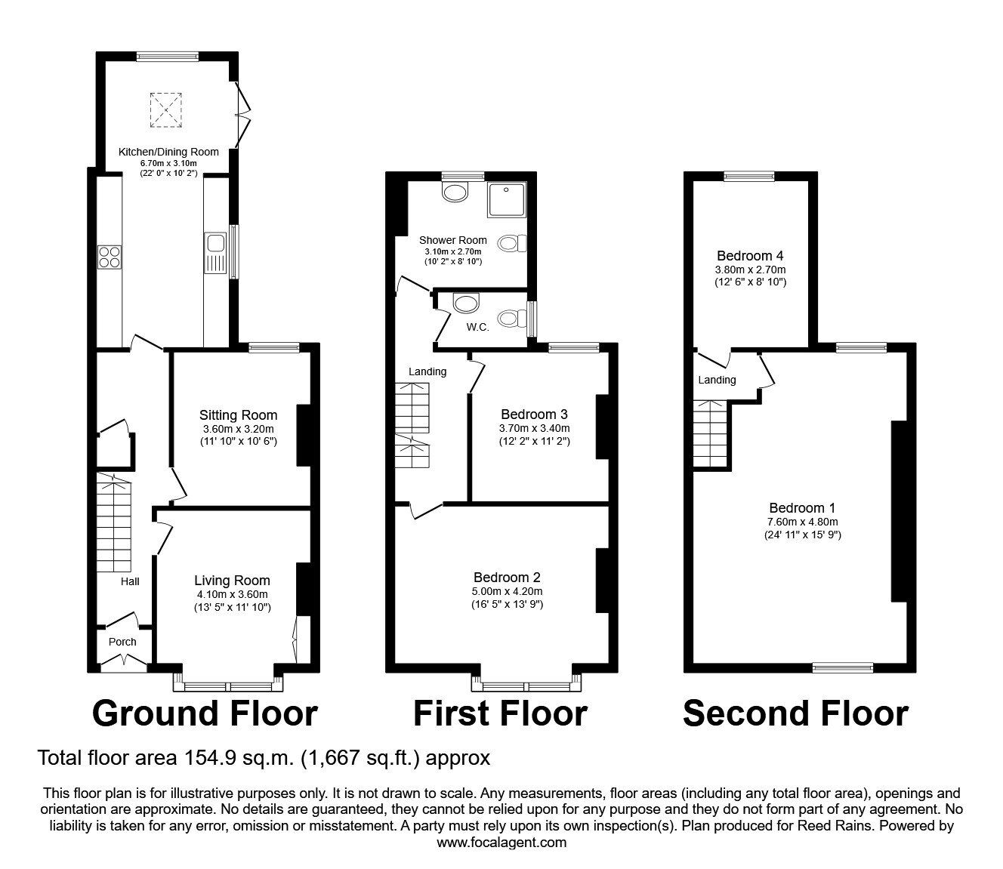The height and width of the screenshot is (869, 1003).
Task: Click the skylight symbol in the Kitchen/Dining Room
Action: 165,111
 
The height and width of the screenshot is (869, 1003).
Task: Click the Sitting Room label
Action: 238,414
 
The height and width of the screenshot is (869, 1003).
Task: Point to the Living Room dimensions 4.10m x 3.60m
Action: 232,594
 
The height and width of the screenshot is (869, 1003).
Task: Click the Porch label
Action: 122,642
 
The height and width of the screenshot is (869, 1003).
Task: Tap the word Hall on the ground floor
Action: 130,581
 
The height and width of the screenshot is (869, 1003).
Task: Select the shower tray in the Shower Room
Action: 506,200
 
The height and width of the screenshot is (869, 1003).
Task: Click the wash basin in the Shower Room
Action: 455,193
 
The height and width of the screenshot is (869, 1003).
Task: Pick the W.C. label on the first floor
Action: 477,327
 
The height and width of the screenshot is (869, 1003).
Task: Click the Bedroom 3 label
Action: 534,414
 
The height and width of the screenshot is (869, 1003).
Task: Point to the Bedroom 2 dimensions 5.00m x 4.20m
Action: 507,591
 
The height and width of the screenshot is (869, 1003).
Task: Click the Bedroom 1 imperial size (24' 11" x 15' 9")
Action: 802,535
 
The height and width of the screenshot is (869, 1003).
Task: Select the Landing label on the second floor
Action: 717,380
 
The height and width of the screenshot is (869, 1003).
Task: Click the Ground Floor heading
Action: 205,713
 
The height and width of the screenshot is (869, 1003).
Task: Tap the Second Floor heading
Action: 795,713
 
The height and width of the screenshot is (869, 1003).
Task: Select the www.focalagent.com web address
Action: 501,843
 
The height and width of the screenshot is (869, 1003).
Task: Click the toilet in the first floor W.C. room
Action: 511,319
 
